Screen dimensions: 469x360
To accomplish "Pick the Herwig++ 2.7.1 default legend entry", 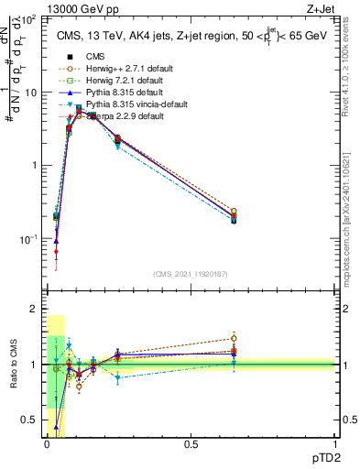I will pyautogui.click(x=117, y=69).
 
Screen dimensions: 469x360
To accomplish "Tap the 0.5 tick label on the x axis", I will pyautogui.click(x=191, y=444).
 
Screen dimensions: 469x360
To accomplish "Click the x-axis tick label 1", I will pyautogui.click(x=334, y=444).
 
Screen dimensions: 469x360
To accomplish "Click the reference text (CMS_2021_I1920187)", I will pyautogui.click(x=191, y=274).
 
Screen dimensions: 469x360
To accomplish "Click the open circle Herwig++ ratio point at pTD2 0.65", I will pyautogui.click(x=234, y=338).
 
